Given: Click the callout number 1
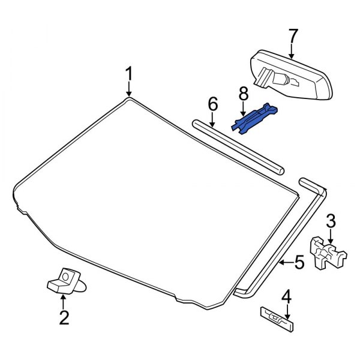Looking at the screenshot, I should coord(128,74).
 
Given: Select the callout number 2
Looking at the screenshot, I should coord(63,316).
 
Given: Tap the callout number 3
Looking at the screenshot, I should coord(331,221).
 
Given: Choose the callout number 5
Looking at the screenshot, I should coord(299,262).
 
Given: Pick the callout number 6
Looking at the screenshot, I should coord(212,104).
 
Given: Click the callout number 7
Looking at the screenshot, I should coord(292,36).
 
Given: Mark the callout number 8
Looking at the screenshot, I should coord(243,94).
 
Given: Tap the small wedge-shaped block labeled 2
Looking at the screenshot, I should coord(62,281).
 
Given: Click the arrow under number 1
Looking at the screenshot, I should coord(128,89).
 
